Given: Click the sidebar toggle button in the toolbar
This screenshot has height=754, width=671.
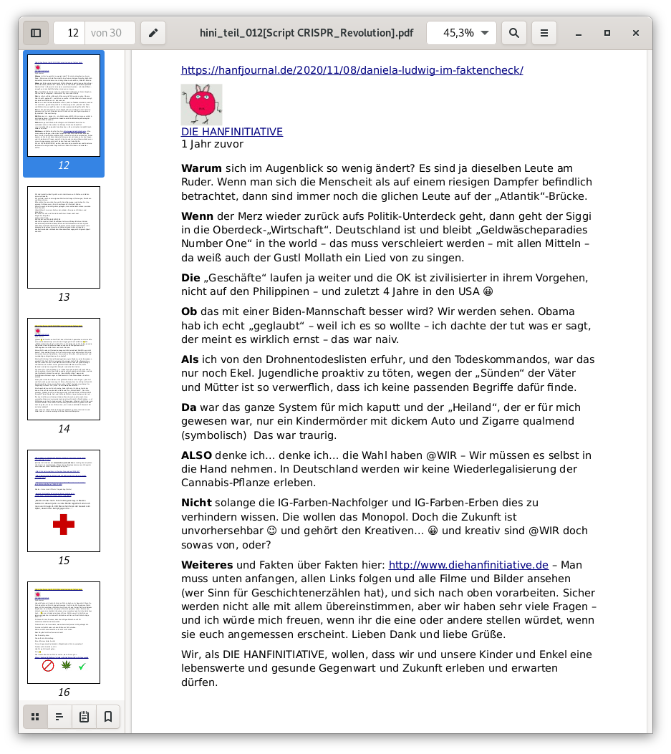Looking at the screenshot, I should point(36,33).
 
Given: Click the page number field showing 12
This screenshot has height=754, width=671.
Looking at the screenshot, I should point(70,33).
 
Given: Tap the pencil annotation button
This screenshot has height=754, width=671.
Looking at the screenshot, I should point(153,33).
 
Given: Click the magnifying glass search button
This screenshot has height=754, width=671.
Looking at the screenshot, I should point(513,33).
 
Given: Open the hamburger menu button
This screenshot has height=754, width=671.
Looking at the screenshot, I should point(544,33).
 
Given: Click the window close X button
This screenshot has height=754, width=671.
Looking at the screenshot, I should point(635,33).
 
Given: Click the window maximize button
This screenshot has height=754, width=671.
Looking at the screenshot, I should point(607,33).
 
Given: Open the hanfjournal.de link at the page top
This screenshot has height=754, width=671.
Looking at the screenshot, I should point(352,70).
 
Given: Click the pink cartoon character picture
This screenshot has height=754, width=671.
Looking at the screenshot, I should point(201,105).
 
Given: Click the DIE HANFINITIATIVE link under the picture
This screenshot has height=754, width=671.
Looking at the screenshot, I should point(231,132).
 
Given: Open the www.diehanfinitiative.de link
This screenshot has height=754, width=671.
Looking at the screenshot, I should point(468,565).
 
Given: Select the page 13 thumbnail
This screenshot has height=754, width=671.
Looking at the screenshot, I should point(64,237).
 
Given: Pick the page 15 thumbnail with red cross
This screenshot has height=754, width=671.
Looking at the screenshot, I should point(64,501).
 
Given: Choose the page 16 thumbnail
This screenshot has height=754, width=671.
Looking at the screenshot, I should point(64,632).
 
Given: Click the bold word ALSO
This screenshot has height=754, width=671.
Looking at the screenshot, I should point(196,455).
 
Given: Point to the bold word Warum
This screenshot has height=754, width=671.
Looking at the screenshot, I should point(201,169).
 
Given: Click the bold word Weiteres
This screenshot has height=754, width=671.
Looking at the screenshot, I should point(207,565).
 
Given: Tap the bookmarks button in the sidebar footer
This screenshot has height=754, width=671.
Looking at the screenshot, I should point(108,716).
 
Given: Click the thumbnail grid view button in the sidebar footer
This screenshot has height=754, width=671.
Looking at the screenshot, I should point(35,716).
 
